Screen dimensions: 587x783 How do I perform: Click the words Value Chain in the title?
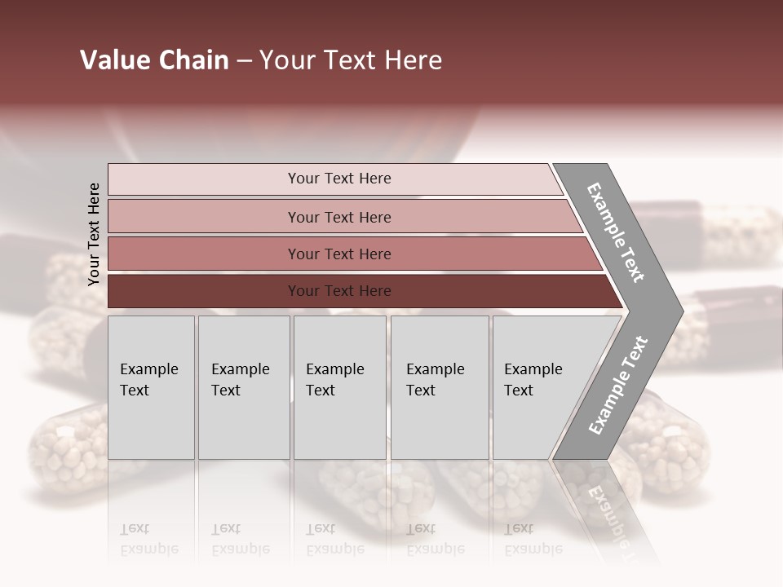[154, 60]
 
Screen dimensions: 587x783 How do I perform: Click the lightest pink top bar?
[204, 179]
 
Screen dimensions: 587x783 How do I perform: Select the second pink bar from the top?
[204, 217]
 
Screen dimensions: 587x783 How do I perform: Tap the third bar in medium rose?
[204, 254]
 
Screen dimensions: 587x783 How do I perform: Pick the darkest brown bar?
[204, 291]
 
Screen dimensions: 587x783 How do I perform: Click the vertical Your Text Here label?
[94, 234]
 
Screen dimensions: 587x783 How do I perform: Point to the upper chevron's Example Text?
[616, 232]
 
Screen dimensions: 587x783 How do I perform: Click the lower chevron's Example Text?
[618, 385]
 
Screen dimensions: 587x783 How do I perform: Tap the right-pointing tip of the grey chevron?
[679, 311]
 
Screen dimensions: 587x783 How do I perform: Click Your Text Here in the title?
[351, 60]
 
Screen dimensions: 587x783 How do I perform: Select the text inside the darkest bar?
[339, 291]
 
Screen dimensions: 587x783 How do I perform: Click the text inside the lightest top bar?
[339, 179]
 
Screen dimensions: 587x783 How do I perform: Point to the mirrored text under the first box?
[148, 539]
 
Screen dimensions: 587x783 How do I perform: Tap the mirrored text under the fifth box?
[533, 539]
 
